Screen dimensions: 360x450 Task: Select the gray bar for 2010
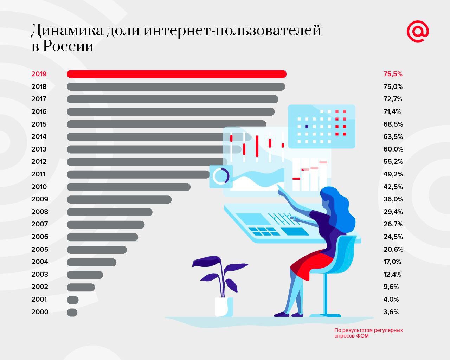tap(129, 187)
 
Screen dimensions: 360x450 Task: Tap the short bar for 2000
tap(72, 312)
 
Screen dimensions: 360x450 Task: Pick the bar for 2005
tap(97, 250)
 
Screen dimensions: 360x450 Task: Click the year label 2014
tap(39, 136)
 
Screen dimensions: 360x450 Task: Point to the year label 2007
tap(39, 224)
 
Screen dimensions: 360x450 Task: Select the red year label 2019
tap(39, 74)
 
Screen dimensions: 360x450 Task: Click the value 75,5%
tap(393, 74)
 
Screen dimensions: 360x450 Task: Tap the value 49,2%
tap(393, 174)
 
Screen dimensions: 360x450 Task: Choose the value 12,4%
tap(392, 274)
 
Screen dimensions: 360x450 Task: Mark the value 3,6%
tap(391, 312)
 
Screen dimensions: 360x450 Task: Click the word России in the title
tap(69, 46)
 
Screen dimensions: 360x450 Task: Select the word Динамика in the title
tap(66, 31)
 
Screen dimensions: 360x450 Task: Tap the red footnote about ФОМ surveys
tap(368, 333)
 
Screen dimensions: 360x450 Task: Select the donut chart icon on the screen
tap(221, 176)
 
